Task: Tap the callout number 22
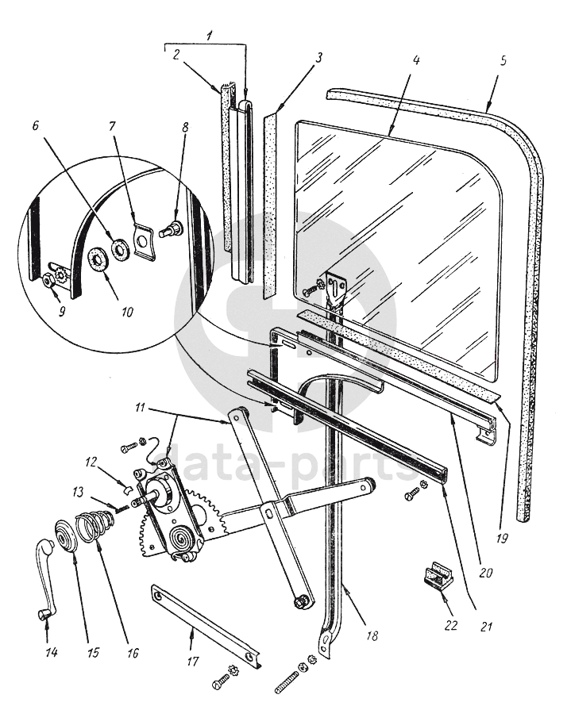[451, 625]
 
